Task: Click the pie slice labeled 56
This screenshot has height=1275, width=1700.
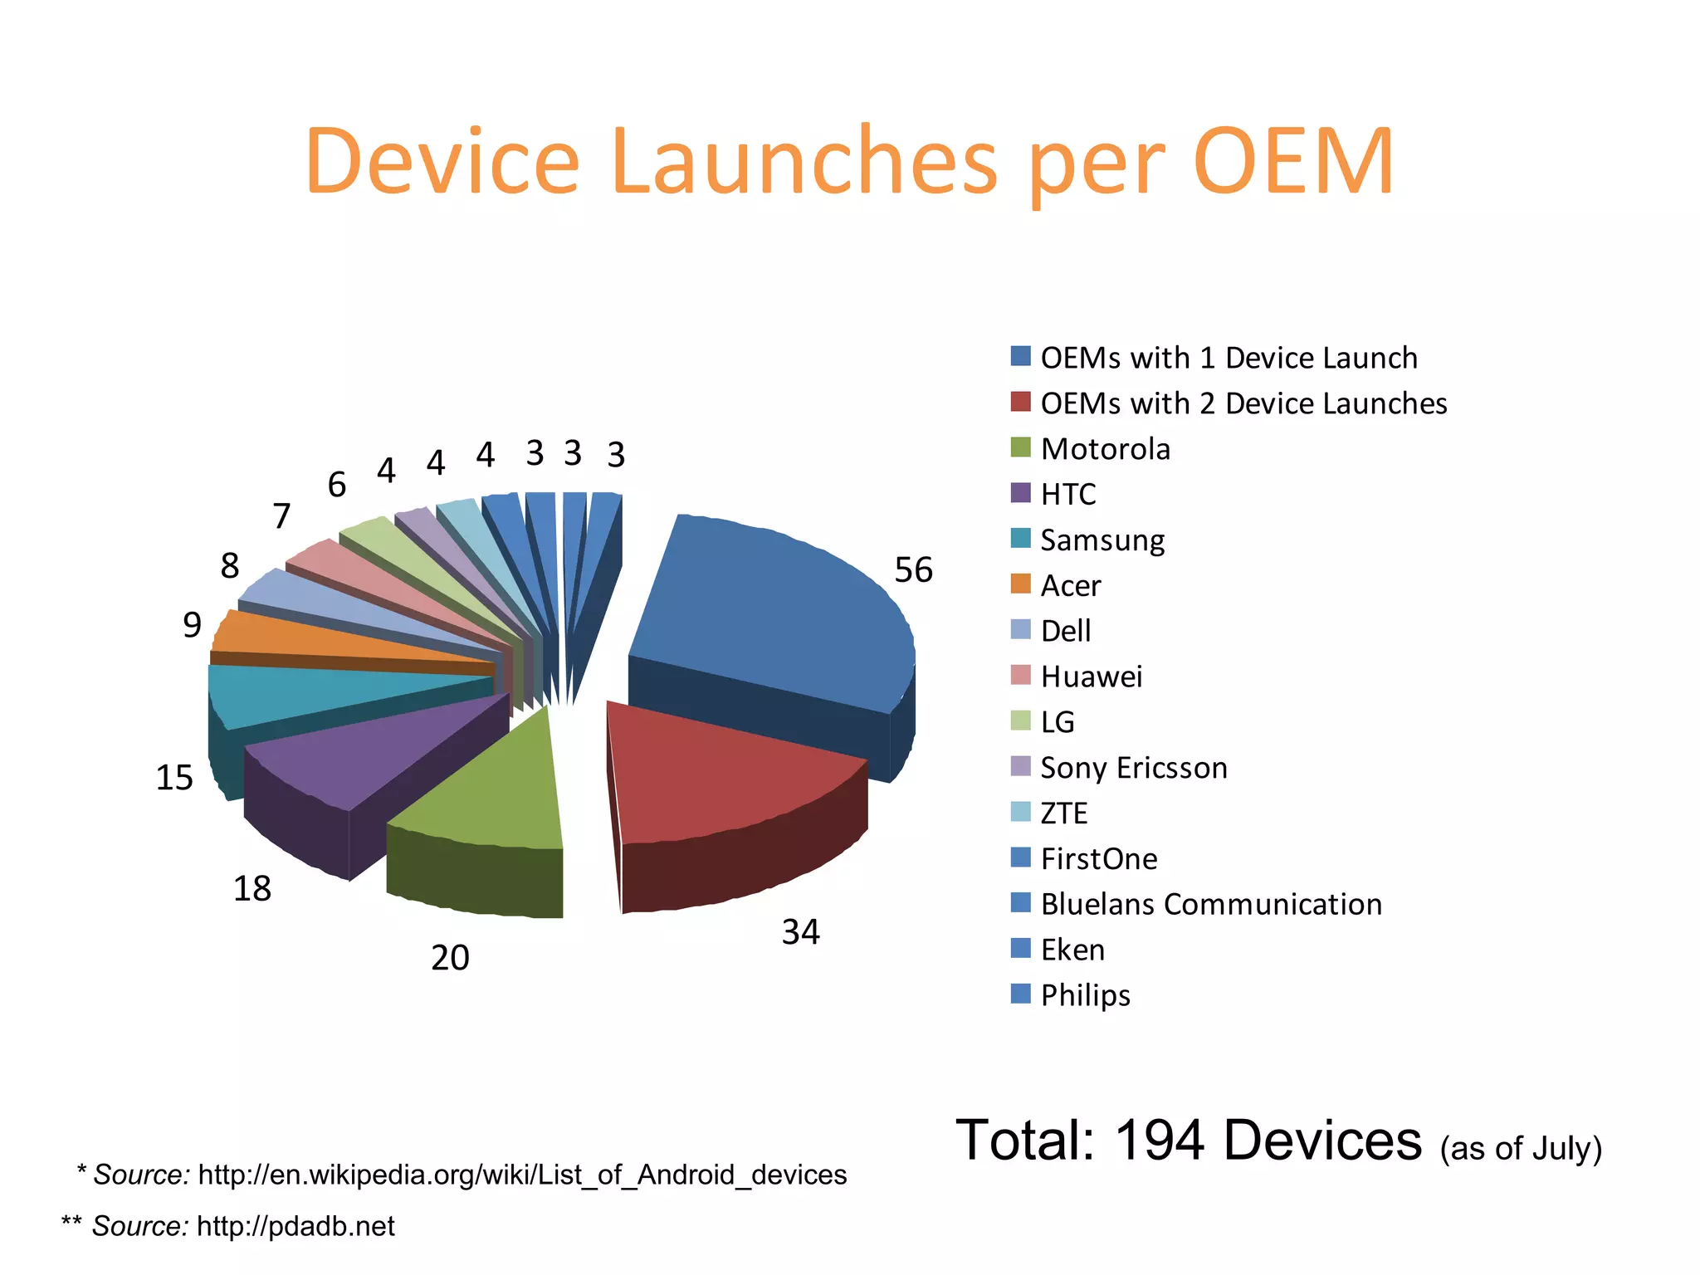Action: tap(772, 614)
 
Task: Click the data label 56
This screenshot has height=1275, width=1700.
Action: tap(913, 570)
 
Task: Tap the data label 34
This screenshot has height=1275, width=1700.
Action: tap(800, 932)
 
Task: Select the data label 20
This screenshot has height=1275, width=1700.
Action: tap(450, 958)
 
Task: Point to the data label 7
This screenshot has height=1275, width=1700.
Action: tap(281, 516)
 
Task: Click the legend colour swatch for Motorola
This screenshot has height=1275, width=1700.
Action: tap(1020, 448)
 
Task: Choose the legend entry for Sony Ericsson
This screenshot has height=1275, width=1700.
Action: tap(1133, 768)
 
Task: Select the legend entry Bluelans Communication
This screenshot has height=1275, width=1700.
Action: tap(1211, 904)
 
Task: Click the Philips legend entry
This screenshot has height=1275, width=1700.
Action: tap(1085, 995)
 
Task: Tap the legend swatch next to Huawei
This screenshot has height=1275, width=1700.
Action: tap(1020, 676)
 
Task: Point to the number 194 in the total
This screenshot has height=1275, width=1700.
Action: tap(1159, 1140)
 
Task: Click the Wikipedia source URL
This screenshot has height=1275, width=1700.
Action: tap(522, 1175)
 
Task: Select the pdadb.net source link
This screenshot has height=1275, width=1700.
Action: tap(296, 1226)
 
